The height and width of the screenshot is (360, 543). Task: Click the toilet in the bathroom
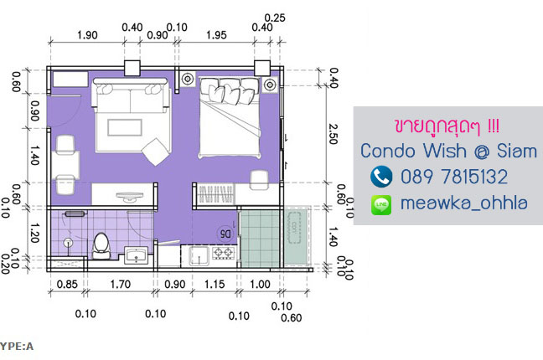tap(101, 246)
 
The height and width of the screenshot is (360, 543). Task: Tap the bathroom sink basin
tap(136, 255)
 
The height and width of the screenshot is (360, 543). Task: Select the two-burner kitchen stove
tap(223, 253)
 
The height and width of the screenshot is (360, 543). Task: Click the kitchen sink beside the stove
tap(199, 256)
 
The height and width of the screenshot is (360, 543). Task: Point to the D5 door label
tap(225, 234)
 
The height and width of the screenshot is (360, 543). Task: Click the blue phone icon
tap(381, 176)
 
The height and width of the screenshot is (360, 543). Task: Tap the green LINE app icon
tap(381, 204)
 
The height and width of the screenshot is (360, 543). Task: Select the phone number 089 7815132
tap(454, 177)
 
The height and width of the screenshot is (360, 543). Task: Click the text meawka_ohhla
tap(464, 203)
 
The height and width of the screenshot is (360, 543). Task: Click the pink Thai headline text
tap(447, 126)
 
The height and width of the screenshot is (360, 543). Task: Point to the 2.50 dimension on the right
tap(333, 134)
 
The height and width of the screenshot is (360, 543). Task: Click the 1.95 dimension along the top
tap(216, 35)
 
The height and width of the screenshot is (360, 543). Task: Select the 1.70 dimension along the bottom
tap(120, 284)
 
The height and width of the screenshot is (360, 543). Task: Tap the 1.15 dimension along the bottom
tap(215, 284)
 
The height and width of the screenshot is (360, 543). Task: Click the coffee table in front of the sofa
tap(125, 127)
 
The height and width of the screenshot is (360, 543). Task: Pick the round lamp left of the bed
tap(188, 79)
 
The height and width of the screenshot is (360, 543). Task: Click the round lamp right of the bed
tap(270, 84)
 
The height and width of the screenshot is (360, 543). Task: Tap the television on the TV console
tap(130, 196)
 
